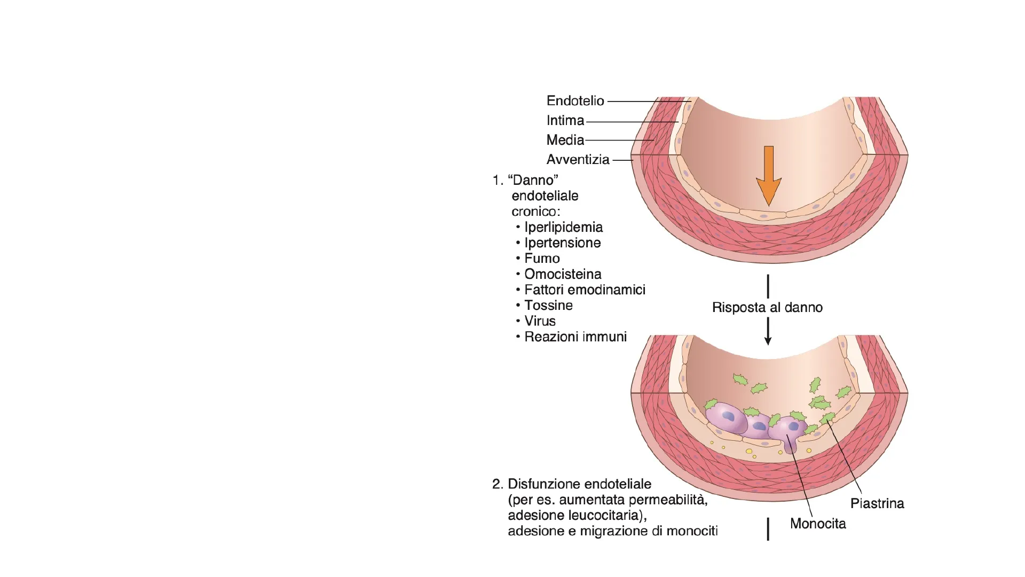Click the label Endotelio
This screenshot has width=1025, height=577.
575,101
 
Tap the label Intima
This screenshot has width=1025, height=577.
565,121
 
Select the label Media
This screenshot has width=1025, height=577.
565,140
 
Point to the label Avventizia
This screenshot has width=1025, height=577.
578,160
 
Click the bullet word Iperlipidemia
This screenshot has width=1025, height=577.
563,227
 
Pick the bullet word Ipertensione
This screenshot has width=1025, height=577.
562,243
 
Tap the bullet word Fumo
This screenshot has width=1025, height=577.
542,259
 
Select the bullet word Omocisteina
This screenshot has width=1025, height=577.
563,274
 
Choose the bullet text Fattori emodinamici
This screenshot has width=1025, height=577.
585,290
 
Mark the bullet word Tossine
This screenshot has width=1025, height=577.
548,306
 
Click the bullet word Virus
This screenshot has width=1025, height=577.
540,321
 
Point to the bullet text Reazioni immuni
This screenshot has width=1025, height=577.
575,337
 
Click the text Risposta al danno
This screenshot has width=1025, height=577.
767,308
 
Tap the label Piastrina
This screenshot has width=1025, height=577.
877,504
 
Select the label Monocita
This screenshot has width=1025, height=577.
818,524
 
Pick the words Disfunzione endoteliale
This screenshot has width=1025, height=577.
579,484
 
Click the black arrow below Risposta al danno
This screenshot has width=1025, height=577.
768,331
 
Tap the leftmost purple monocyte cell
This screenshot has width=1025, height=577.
726,418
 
